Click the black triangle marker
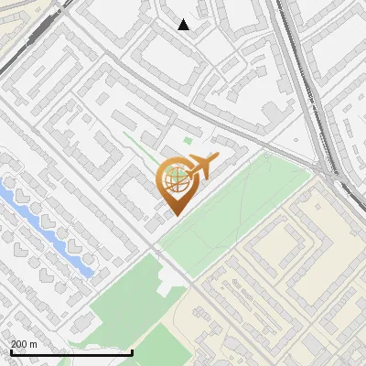(184, 25)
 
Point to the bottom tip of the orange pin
(176, 215)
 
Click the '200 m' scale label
(24, 344)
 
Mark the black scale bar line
(71, 352)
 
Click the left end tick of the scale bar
(11, 351)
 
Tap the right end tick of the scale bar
(132, 351)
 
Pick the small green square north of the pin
(188, 141)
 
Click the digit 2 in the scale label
(14, 344)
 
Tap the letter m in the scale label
(34, 344)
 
